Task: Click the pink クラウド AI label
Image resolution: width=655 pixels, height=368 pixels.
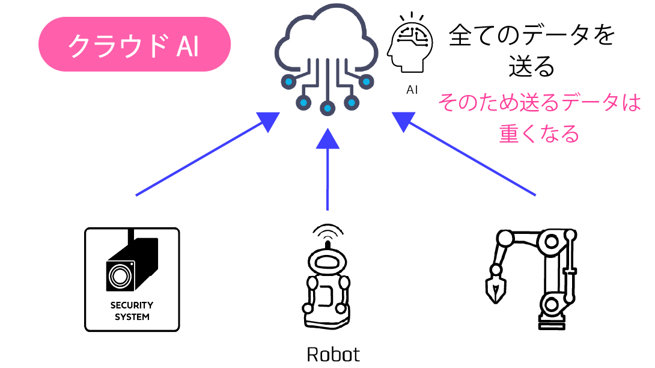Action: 135,44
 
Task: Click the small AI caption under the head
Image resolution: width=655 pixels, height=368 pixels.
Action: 412,90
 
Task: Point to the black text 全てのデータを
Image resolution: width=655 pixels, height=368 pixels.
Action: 532,36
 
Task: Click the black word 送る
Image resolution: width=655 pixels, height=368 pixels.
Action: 532,66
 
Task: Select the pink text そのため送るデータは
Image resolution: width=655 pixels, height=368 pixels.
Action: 539,103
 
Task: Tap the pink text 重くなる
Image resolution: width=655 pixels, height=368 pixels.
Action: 539,133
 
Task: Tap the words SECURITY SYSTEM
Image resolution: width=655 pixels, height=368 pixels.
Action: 132,311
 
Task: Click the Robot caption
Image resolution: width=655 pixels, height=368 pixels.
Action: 333,354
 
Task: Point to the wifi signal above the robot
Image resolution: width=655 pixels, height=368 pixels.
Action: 328,230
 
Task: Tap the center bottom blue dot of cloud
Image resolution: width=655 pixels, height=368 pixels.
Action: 327,109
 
